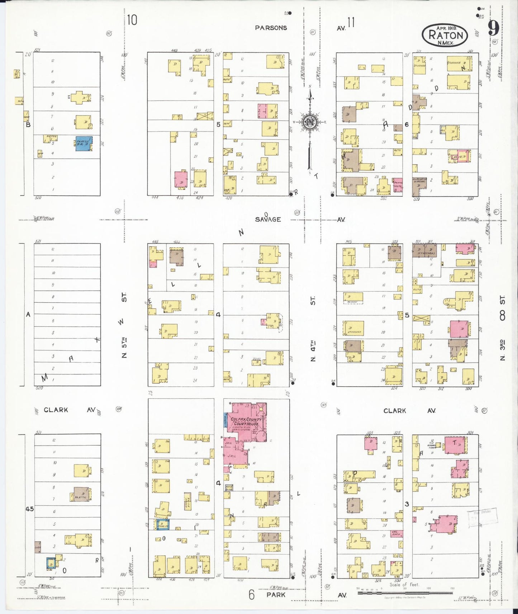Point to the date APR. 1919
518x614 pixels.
click(x=446, y=28)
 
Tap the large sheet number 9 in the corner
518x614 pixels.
click(x=494, y=28)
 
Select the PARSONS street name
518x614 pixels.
click(x=271, y=28)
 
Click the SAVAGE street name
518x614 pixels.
click(x=268, y=219)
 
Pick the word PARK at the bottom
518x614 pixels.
click(x=276, y=595)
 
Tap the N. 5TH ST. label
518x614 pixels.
click(x=124, y=326)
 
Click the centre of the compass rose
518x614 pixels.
click(x=309, y=122)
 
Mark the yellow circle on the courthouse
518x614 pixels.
click(x=261, y=409)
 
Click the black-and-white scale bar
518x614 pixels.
click(x=387, y=593)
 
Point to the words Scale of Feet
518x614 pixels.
click(x=404, y=585)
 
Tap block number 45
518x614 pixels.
click(x=29, y=509)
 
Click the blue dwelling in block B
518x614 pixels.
click(x=84, y=143)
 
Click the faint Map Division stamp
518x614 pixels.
click(x=482, y=516)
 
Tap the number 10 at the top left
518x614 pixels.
click(x=132, y=20)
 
